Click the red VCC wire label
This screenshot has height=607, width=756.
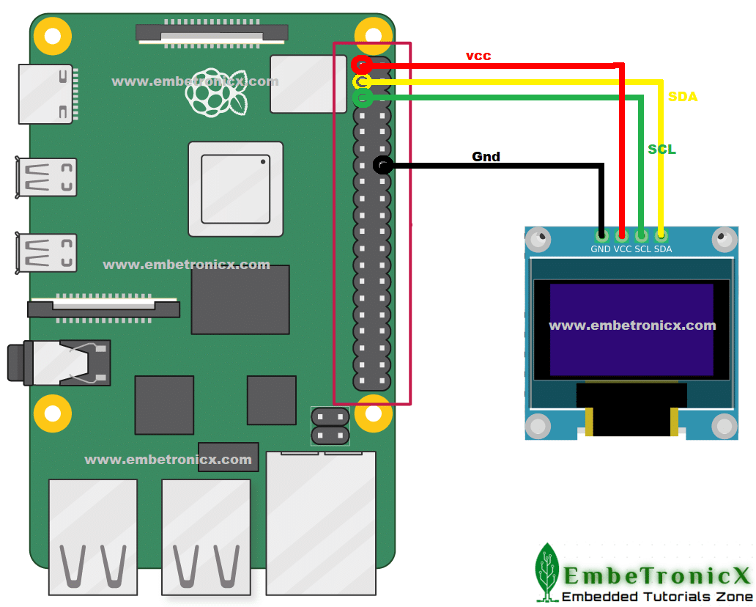(478, 56)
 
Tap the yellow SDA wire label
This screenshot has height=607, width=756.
(682, 97)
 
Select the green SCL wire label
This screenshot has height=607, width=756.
(661, 150)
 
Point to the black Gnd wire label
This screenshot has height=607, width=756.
(486, 156)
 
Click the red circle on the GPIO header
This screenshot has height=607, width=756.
(362, 65)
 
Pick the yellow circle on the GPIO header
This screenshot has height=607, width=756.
(362, 81)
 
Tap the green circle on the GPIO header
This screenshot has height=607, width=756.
(363, 98)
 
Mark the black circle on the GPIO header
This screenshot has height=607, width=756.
(383, 165)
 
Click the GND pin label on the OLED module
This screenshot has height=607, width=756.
(600, 249)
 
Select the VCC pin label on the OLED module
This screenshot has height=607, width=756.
(623, 249)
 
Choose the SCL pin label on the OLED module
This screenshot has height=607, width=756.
(642, 249)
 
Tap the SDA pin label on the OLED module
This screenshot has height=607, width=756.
(663, 249)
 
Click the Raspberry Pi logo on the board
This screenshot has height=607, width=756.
(217, 92)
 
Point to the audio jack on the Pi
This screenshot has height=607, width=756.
(59, 363)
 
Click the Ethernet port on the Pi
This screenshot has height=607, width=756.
(321, 523)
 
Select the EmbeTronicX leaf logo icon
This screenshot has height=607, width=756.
(546, 573)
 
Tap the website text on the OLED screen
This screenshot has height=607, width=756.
(632, 325)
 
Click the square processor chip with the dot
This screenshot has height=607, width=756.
(236, 189)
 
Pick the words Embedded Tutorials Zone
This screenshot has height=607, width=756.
(657, 597)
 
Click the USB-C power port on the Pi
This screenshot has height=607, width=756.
(46, 94)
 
